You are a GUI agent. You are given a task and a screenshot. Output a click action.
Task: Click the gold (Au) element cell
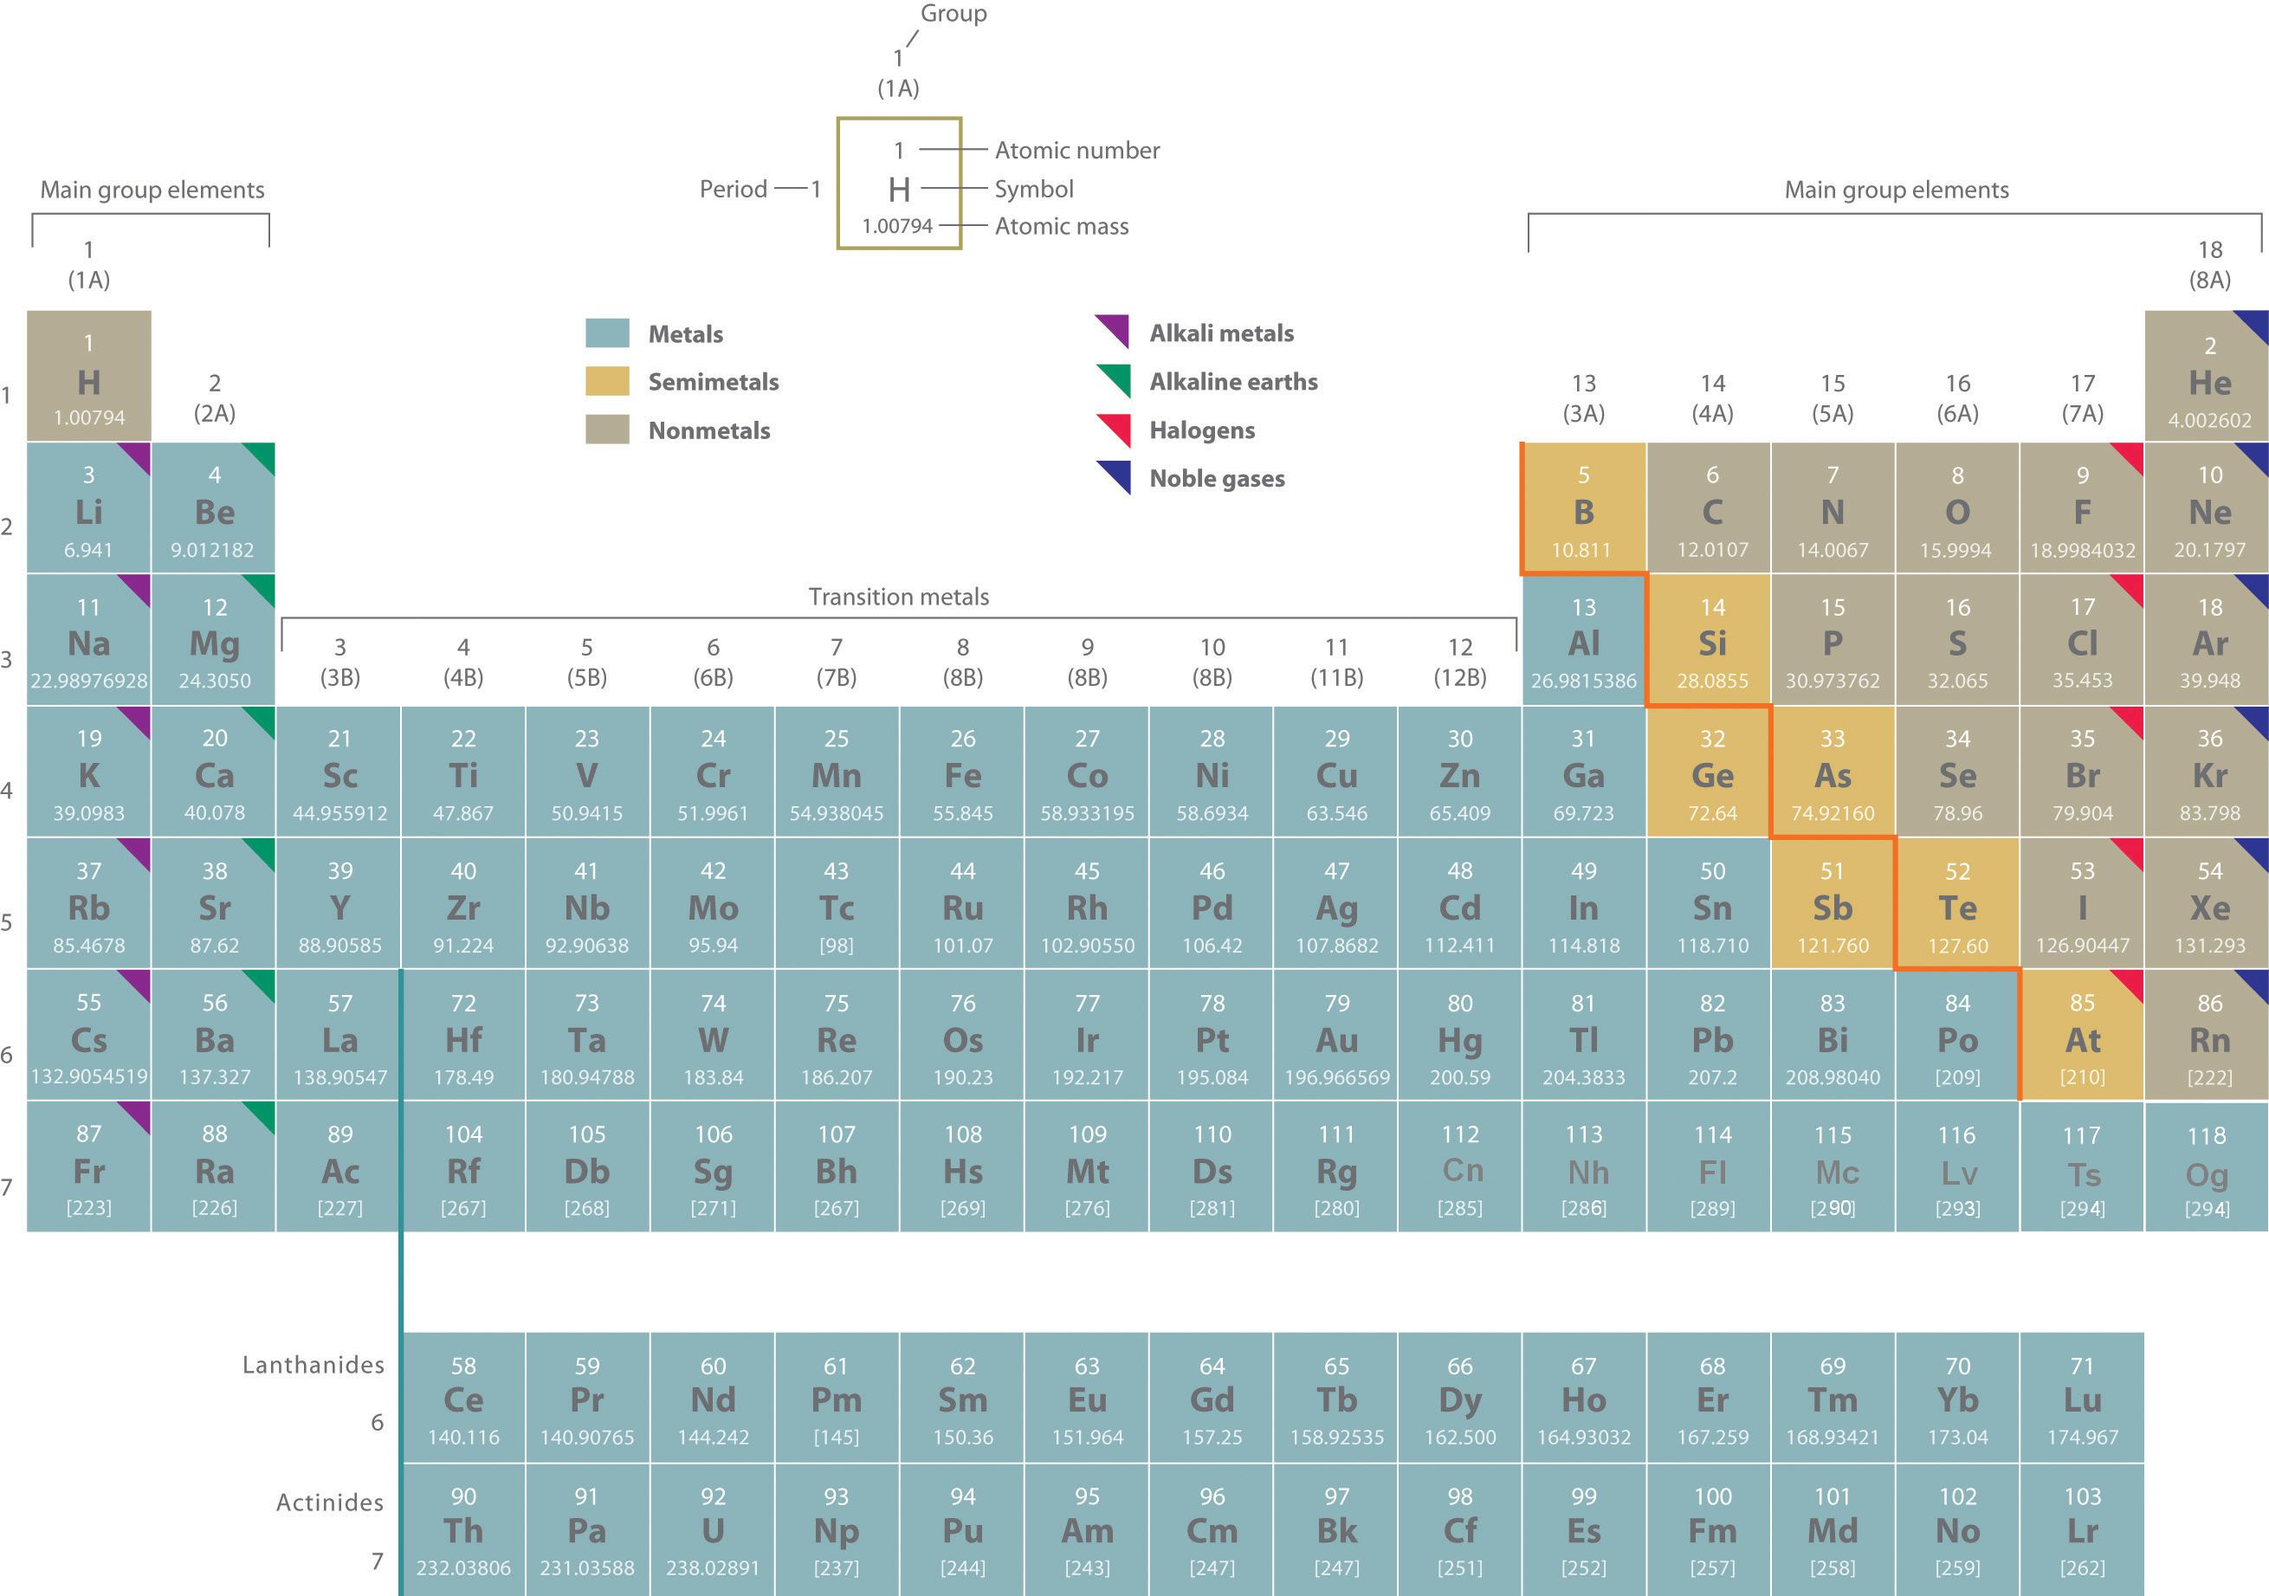point(1336,1035)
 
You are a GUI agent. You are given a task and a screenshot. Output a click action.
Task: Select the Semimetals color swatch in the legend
point(607,381)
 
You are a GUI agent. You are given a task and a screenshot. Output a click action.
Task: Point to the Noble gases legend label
point(1217,478)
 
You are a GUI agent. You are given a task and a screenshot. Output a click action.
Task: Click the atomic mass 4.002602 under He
point(2210,420)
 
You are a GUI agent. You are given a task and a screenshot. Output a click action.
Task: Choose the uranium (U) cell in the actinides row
point(713,1528)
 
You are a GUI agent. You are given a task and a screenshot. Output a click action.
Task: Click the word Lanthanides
point(314,1365)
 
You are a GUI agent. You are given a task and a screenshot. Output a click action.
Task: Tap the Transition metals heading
point(898,597)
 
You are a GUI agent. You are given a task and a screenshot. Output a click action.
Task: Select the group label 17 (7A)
point(2081,398)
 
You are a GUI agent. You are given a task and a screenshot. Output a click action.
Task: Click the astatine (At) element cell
point(2081,1035)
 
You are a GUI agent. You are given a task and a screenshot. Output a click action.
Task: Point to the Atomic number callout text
point(1076,150)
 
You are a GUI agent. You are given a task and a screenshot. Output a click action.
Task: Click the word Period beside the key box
point(733,189)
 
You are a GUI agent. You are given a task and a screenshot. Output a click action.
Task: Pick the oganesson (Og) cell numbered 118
point(2206,1167)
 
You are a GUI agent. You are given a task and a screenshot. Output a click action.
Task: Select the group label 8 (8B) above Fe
point(961,662)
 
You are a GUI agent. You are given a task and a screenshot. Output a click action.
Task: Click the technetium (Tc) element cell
point(836,903)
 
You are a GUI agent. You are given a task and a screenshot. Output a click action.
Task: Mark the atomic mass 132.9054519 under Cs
point(89,1076)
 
